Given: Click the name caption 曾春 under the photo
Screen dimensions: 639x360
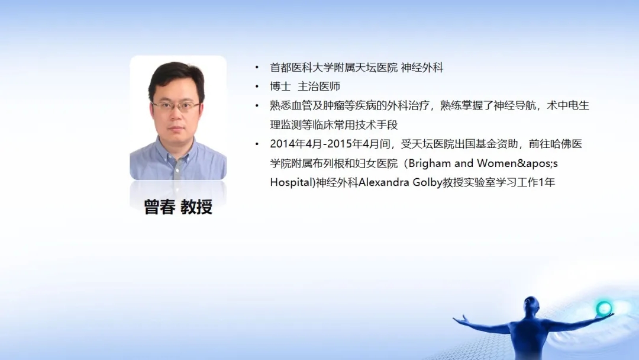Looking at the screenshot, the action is [x=160, y=207].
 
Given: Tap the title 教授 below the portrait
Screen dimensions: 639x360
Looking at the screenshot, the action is [x=196, y=207].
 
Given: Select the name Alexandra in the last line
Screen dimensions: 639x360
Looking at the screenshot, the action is [x=383, y=182].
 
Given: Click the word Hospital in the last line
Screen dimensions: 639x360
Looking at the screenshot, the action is [x=291, y=182].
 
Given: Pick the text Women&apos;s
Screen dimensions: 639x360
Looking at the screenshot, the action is [x=517, y=163].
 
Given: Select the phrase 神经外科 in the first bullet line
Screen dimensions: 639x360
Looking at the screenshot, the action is [x=422, y=67].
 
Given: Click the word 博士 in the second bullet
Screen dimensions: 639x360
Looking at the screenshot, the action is [x=280, y=86].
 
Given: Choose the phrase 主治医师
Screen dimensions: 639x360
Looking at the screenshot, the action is [x=319, y=86].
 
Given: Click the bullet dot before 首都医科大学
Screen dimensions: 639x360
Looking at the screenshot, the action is [x=257, y=67].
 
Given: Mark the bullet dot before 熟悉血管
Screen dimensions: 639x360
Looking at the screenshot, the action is [x=257, y=106].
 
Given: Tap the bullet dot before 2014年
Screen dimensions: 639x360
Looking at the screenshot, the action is [x=257, y=144].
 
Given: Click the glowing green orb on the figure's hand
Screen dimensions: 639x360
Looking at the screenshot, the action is [x=603, y=308].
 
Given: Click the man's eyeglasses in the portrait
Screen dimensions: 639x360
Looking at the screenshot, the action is [x=176, y=107].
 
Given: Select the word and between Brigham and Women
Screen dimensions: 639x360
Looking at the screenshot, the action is [x=464, y=163].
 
